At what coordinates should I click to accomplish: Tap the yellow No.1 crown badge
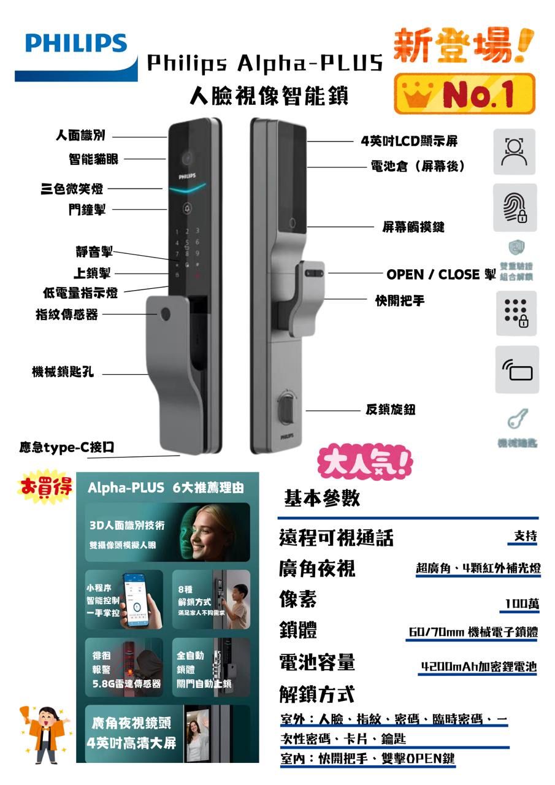(x=464, y=93)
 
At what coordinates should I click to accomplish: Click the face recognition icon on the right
(x=514, y=151)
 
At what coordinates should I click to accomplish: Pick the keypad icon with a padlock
(x=514, y=313)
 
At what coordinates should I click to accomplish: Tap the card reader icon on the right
(x=517, y=370)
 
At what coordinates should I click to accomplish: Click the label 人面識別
(x=80, y=137)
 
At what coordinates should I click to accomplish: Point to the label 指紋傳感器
(x=67, y=315)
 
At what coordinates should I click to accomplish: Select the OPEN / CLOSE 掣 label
(x=440, y=274)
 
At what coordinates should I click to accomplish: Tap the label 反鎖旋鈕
(x=391, y=410)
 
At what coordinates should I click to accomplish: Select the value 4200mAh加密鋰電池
(x=478, y=667)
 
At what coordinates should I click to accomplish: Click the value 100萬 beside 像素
(x=522, y=604)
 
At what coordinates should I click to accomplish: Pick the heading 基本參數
(x=321, y=498)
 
